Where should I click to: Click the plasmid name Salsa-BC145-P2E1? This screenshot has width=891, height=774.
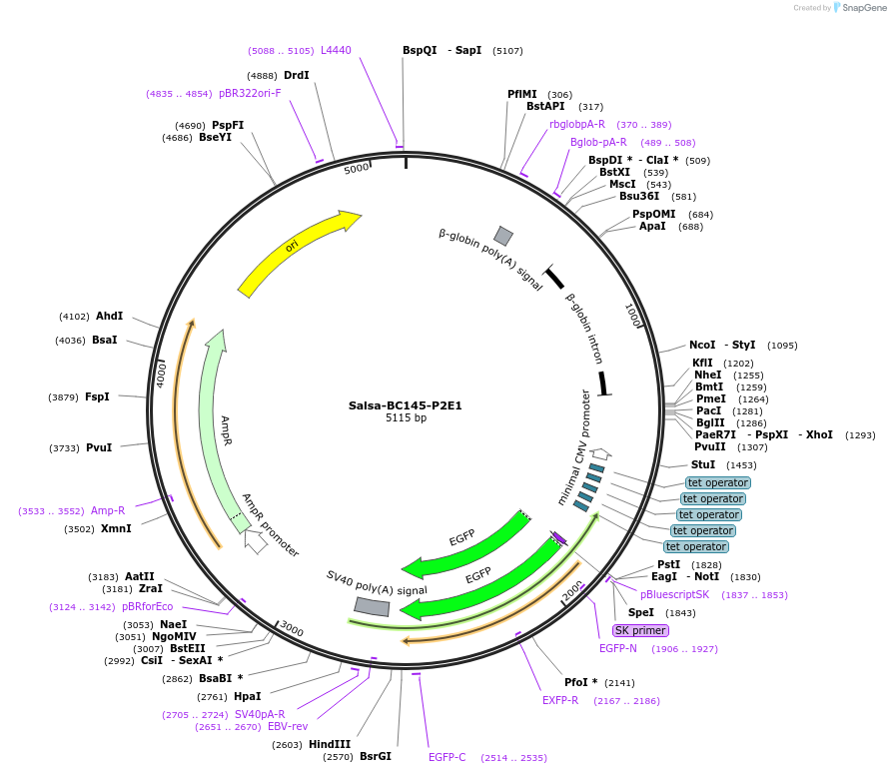point(405,405)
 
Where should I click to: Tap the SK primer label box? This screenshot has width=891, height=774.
point(640,630)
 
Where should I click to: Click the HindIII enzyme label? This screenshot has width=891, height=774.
point(329,744)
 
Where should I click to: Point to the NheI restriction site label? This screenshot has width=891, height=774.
point(707,376)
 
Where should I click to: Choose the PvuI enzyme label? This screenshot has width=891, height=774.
point(99,447)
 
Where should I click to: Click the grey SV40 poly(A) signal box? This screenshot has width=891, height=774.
point(372,606)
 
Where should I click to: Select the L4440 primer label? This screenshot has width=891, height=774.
point(336,50)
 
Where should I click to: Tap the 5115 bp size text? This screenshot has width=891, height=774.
point(406,418)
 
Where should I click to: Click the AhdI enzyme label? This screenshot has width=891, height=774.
point(109,316)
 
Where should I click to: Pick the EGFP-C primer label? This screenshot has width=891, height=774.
point(446,757)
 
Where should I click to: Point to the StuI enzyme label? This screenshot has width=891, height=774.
point(703,464)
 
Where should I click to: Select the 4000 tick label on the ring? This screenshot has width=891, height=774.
point(162,376)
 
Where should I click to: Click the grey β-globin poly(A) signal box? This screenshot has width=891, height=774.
point(503,236)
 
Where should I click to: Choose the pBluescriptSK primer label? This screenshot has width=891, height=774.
point(674,594)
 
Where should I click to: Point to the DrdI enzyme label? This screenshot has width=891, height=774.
point(296,75)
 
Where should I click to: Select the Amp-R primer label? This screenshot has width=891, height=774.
point(108,510)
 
